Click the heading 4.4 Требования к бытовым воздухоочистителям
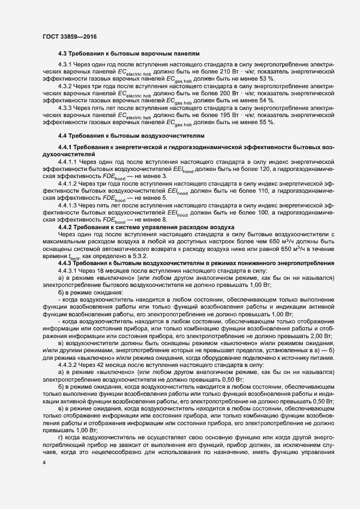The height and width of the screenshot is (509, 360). (x=130, y=135)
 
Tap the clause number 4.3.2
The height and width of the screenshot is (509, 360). (x=67, y=86)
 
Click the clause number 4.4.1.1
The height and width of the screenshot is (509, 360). (x=69, y=162)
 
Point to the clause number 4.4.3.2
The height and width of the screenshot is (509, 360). (x=69, y=365)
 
